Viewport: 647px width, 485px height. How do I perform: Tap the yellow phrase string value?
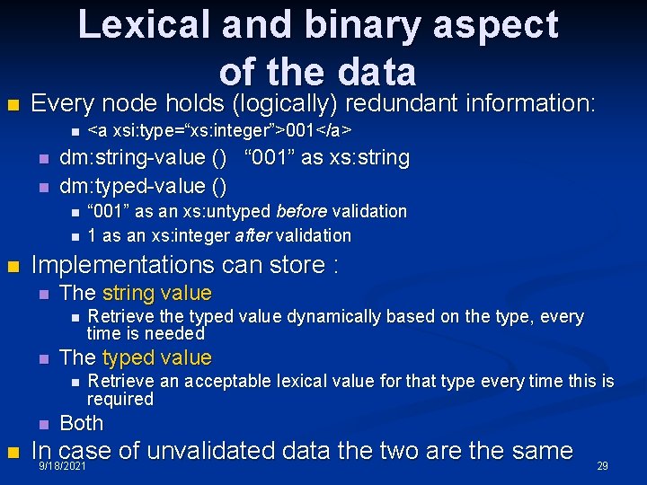(156, 293)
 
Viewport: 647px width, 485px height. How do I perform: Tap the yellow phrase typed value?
(156, 357)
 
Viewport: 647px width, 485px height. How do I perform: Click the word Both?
(81, 422)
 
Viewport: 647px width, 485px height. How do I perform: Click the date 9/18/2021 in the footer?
(63, 468)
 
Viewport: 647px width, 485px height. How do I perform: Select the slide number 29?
(603, 466)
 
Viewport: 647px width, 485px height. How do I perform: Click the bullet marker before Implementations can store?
(13, 267)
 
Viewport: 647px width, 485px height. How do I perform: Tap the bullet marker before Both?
(42, 424)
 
